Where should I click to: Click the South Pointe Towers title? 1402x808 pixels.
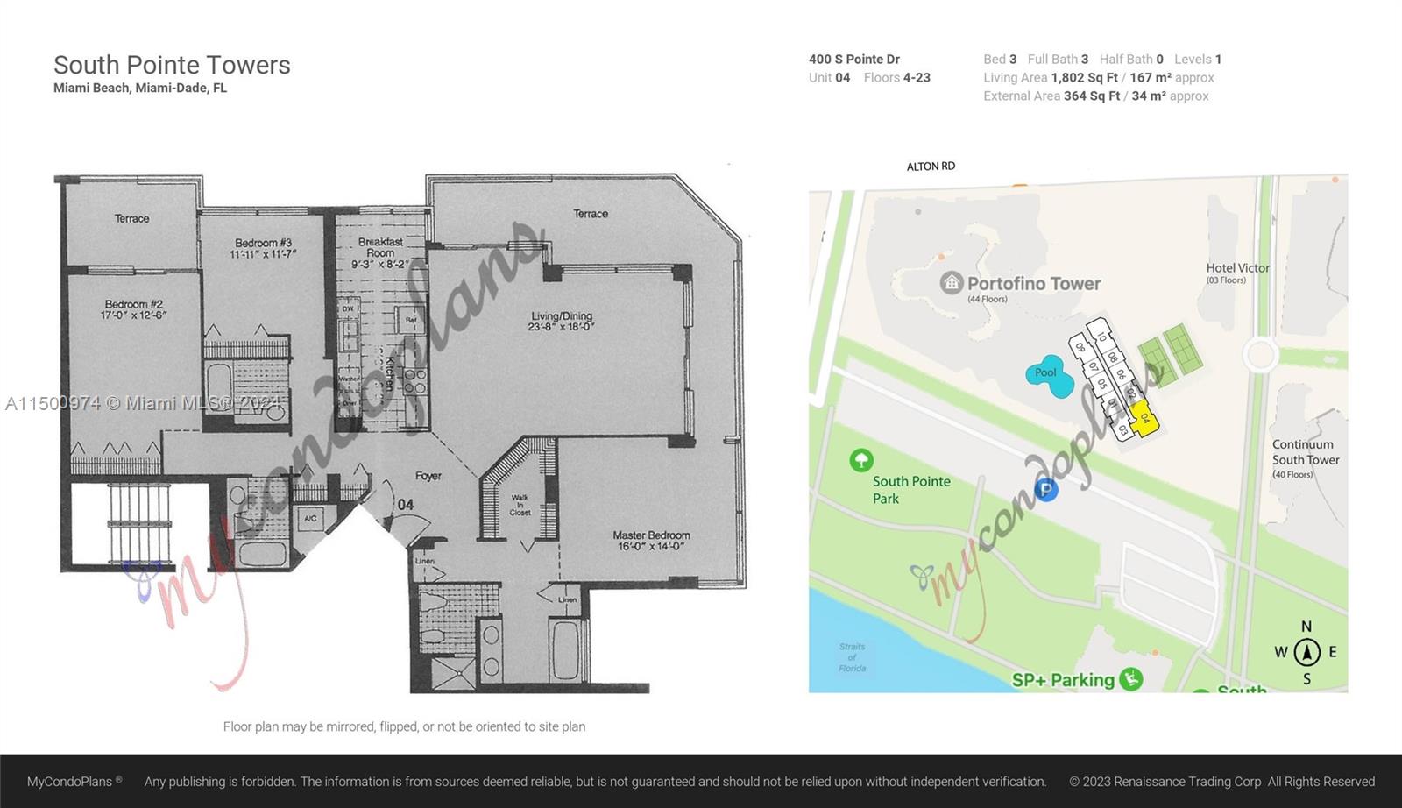pyautogui.click(x=172, y=65)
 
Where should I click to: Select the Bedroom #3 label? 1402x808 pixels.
pyautogui.click(x=263, y=248)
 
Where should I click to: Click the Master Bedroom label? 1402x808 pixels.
pyautogui.click(x=651, y=540)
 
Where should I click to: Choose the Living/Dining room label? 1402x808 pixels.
pyautogui.click(x=562, y=321)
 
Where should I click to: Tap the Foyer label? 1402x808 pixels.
pyautogui.click(x=428, y=476)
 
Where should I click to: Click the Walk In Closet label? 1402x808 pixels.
pyautogui.click(x=520, y=505)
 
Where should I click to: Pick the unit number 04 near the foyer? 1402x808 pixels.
pyautogui.click(x=406, y=505)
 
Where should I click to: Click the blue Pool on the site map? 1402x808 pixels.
pyautogui.click(x=1049, y=376)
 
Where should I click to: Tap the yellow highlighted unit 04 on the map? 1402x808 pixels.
pyautogui.click(x=1144, y=418)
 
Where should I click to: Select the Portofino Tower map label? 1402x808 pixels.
pyautogui.click(x=1033, y=283)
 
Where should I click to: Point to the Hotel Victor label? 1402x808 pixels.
pyautogui.click(x=1237, y=268)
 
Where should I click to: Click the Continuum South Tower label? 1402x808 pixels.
pyautogui.click(x=1305, y=452)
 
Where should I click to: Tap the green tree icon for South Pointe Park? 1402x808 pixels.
pyautogui.click(x=861, y=460)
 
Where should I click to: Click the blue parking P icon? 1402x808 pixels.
pyautogui.click(x=1045, y=490)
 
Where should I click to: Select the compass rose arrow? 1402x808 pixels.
pyautogui.click(x=1306, y=652)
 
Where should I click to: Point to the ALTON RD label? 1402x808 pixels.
pyautogui.click(x=931, y=167)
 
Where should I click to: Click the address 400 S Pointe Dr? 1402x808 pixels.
pyautogui.click(x=854, y=60)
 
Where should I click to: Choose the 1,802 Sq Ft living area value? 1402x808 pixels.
pyautogui.click(x=1085, y=78)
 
